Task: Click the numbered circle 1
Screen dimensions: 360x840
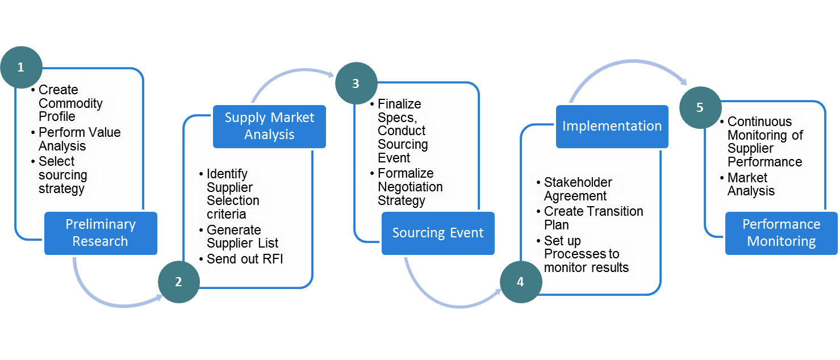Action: click(x=21, y=67)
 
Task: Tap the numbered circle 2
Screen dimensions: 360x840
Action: click(x=178, y=282)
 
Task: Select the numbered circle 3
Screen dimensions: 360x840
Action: click(x=356, y=83)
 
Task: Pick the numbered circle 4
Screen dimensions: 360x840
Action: click(x=520, y=282)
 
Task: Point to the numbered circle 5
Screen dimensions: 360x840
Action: click(x=700, y=107)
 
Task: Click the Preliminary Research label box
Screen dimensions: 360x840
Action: click(x=101, y=233)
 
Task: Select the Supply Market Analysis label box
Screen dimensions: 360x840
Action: click(x=269, y=126)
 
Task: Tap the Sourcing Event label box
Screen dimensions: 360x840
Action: click(x=438, y=233)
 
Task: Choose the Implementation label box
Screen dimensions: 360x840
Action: click(x=612, y=126)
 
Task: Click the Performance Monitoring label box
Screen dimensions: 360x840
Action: click(x=781, y=233)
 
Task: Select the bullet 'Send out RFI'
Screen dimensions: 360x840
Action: click(x=244, y=259)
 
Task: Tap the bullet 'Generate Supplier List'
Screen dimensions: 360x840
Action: click(x=242, y=237)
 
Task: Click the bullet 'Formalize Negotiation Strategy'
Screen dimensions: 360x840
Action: click(x=409, y=187)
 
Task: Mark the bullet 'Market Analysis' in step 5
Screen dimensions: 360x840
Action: click(x=750, y=185)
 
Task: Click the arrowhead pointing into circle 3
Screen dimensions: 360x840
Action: click(x=331, y=74)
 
